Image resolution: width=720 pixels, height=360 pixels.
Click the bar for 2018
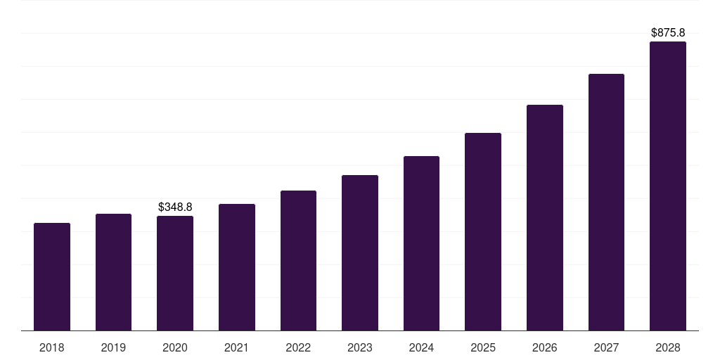click(x=52, y=277)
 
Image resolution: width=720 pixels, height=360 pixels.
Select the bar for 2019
click(x=113, y=272)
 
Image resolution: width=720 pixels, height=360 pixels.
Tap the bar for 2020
click(x=175, y=274)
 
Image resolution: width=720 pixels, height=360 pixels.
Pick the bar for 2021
click(x=237, y=267)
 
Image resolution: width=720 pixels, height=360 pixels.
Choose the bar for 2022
click(x=298, y=261)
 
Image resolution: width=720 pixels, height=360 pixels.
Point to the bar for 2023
click(x=360, y=253)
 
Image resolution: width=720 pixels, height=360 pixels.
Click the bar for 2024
click(x=421, y=243)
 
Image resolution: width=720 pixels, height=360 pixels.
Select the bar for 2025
click(x=483, y=232)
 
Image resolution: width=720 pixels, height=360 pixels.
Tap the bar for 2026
click(x=545, y=218)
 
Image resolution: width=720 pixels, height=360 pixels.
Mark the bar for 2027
click(x=606, y=202)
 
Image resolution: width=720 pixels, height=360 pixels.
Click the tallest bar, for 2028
click(x=668, y=186)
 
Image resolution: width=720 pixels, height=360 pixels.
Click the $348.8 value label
click(x=175, y=207)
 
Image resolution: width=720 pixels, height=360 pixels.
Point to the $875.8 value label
click(x=668, y=32)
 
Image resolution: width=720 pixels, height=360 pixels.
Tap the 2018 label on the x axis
click(x=52, y=347)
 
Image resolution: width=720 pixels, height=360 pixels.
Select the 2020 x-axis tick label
click(x=175, y=347)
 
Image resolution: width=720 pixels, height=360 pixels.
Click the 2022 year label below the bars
click(x=298, y=347)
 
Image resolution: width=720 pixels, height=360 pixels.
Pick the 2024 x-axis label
click(x=421, y=347)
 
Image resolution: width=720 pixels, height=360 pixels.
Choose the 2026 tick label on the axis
click(x=545, y=347)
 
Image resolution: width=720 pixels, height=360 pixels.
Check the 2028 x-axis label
click(x=668, y=347)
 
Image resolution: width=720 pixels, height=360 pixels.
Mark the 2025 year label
click(x=483, y=347)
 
